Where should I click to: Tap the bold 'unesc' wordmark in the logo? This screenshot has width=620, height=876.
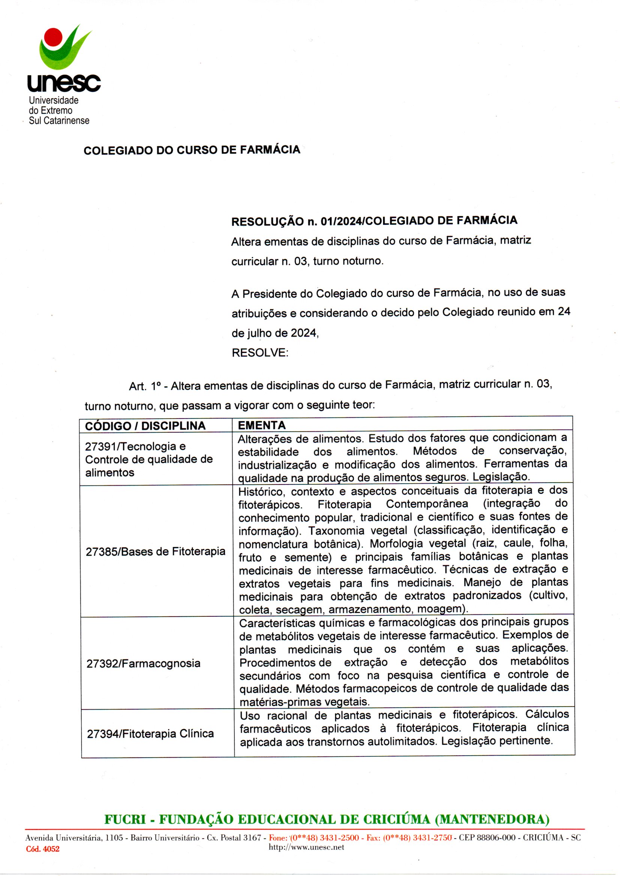[x=64, y=82]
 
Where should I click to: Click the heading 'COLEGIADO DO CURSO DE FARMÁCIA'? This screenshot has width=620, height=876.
[x=192, y=150]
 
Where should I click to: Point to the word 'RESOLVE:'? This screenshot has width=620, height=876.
[x=260, y=353]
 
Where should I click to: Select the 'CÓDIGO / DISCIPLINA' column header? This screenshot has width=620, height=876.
[x=145, y=426]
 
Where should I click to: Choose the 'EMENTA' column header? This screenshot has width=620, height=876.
[x=262, y=425]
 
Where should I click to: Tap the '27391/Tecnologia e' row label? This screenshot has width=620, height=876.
[x=135, y=446]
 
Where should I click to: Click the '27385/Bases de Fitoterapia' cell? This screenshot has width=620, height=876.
[x=156, y=551]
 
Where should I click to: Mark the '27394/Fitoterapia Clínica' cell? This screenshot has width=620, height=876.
[x=150, y=734]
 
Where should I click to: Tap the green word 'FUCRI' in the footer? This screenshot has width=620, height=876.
[x=125, y=819]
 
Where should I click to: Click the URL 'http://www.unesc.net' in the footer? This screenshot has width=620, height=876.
[x=306, y=847]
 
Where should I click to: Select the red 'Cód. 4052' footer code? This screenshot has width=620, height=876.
[x=43, y=849]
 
